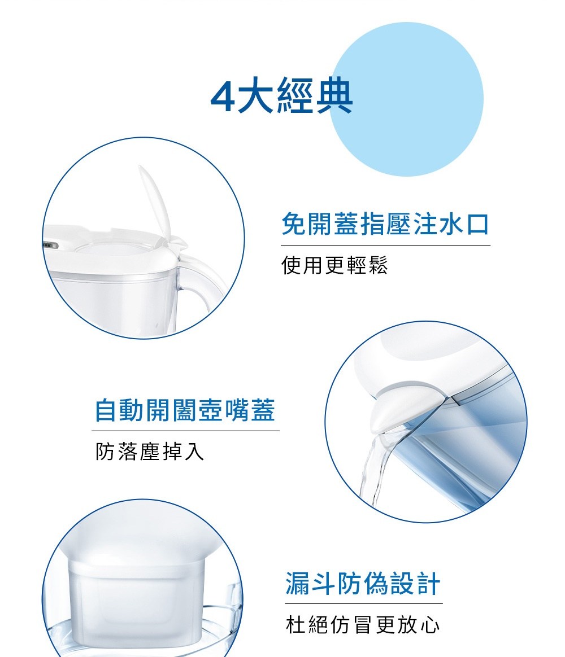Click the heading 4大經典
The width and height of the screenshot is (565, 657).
[281, 97]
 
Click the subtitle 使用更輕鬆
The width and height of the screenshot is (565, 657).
[334, 265]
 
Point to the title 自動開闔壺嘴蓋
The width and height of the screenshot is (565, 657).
[185, 410]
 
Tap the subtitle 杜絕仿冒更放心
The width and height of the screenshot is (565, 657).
[362, 624]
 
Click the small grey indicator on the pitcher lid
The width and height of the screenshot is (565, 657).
[49, 246]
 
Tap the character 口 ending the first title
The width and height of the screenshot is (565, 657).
[477, 225]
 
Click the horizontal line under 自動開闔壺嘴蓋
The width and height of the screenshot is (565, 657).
[185, 431]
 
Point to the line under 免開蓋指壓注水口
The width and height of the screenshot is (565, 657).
[385, 245]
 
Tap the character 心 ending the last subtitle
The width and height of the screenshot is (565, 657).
[430, 624]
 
